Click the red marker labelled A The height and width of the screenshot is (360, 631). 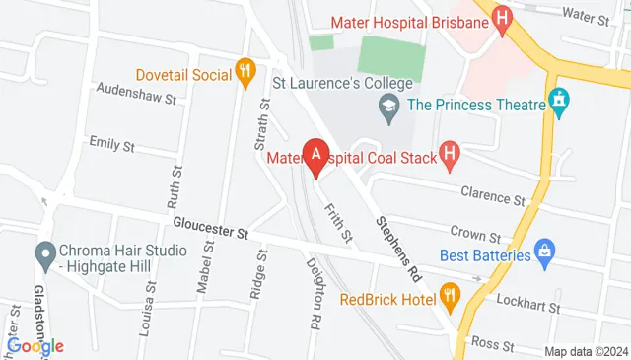[315, 156]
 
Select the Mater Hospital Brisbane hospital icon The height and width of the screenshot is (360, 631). [503, 20]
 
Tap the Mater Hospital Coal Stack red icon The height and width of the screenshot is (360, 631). [451, 155]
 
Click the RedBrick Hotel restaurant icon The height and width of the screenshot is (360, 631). [449, 294]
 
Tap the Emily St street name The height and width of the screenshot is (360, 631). [111, 144]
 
